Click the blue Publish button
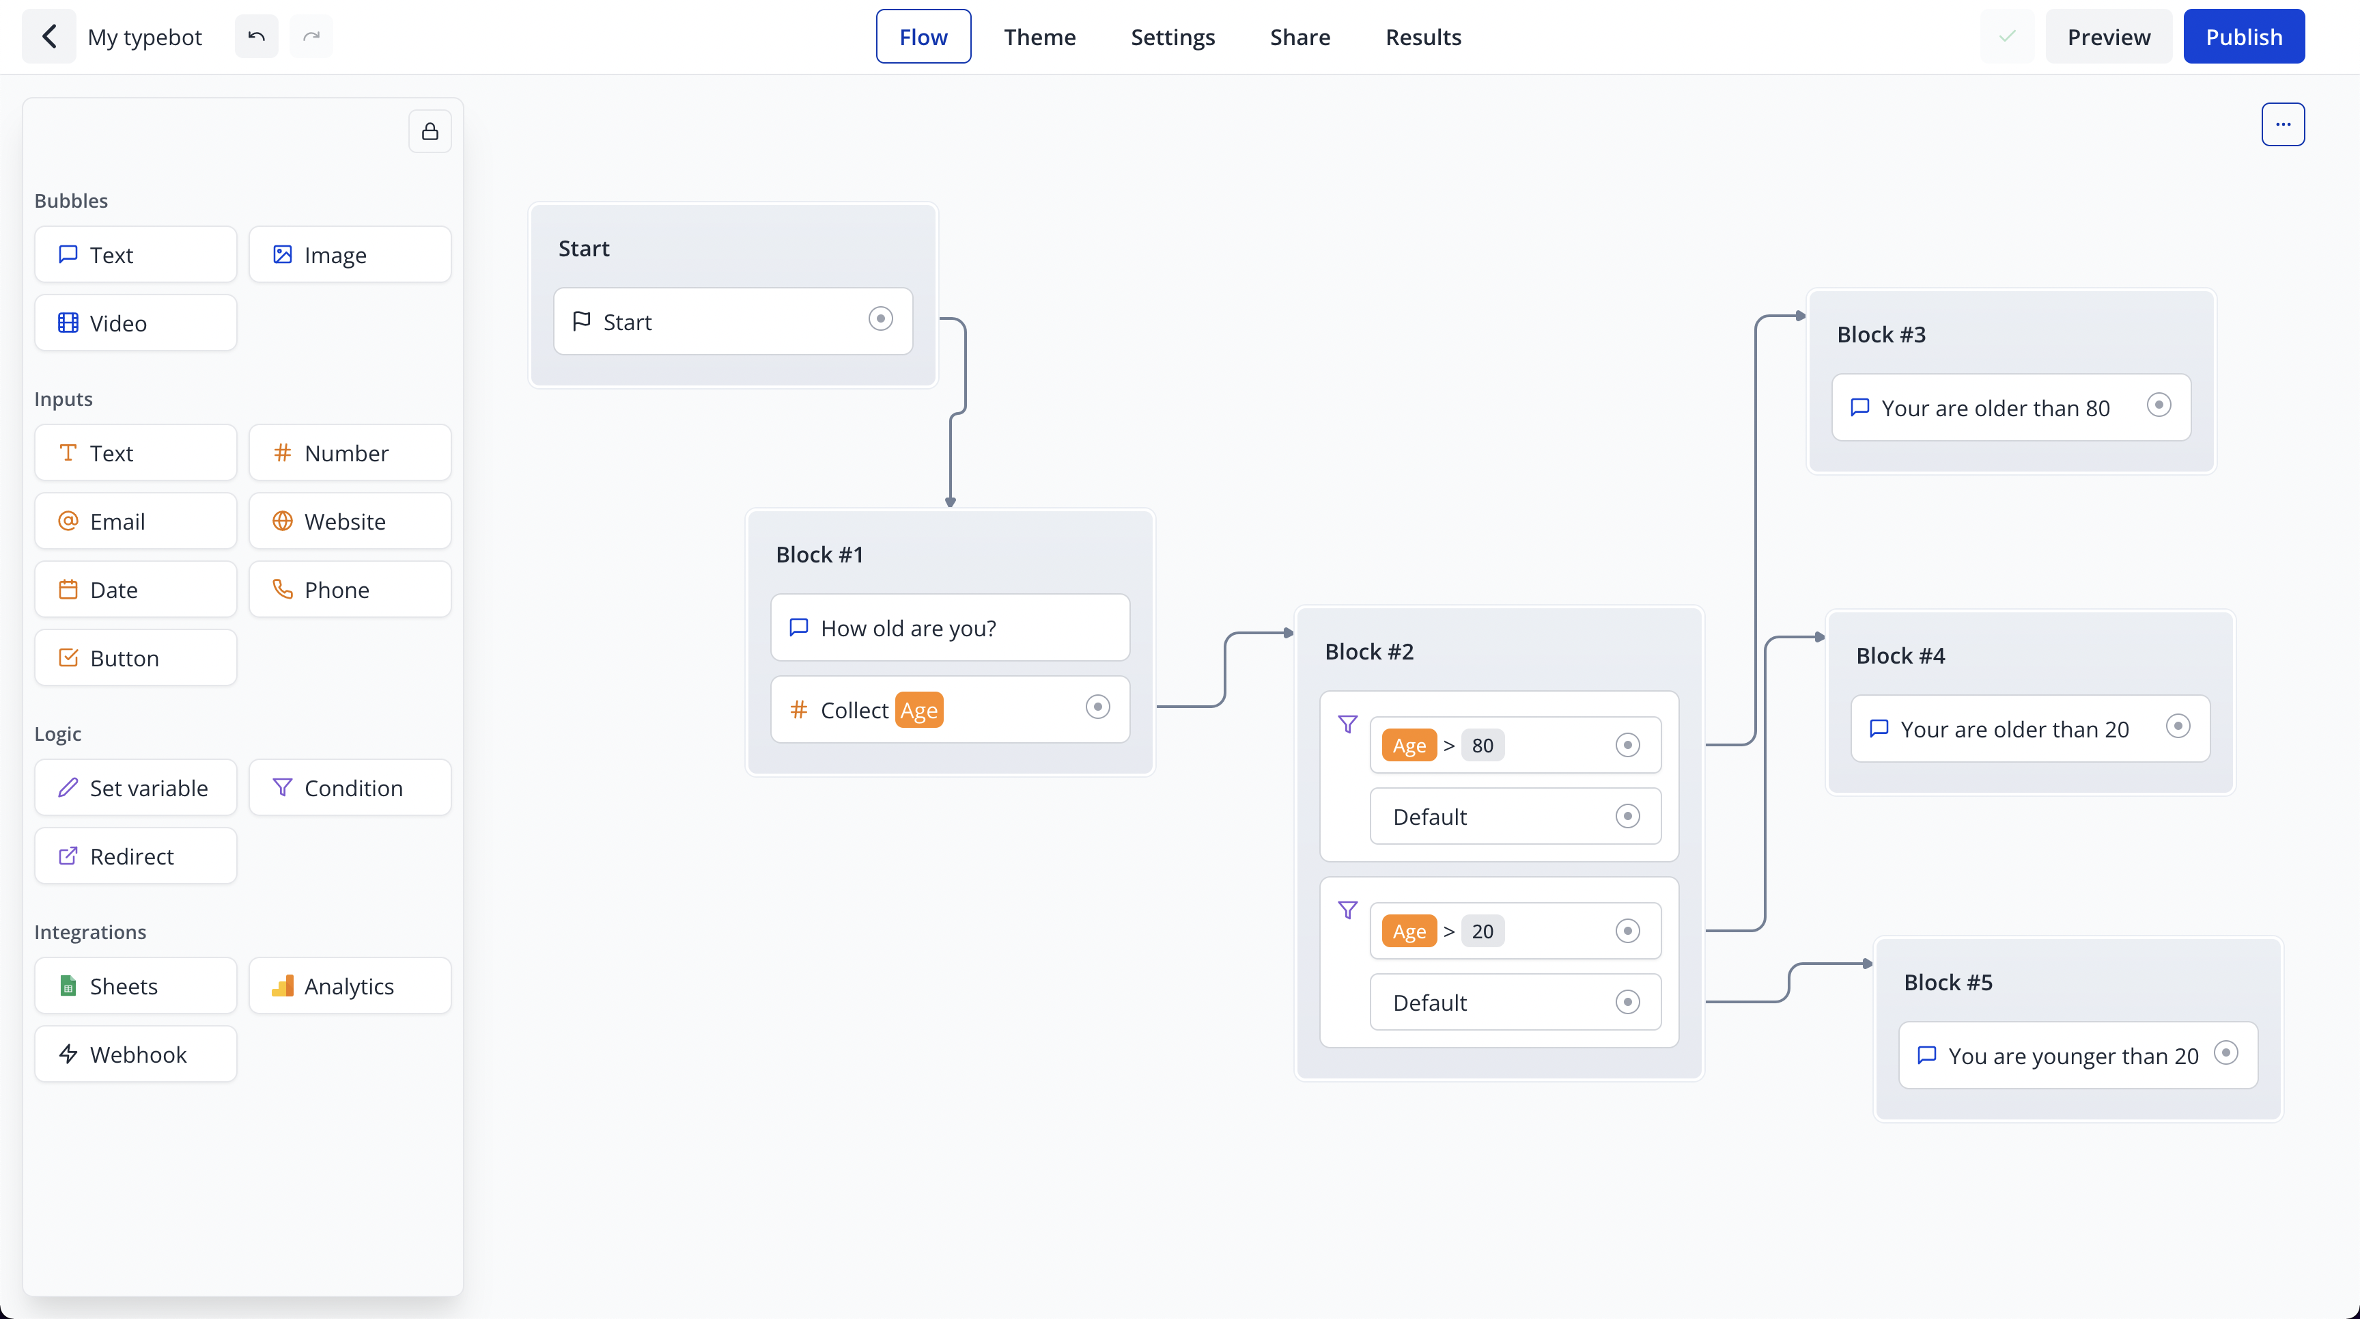(x=2244, y=37)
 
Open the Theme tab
(x=1040, y=37)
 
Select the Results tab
(x=1423, y=37)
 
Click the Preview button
(x=2109, y=37)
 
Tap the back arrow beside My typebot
(x=49, y=37)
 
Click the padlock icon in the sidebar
(x=430, y=132)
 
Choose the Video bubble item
(x=136, y=323)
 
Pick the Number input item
(x=350, y=453)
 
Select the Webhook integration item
(x=136, y=1054)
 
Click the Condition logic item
(x=350, y=787)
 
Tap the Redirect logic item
(x=136, y=856)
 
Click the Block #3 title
(x=1881, y=335)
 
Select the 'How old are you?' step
(x=950, y=628)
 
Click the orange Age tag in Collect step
(x=919, y=710)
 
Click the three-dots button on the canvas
(x=2283, y=124)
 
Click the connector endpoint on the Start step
(x=880, y=319)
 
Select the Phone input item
(x=350, y=589)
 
